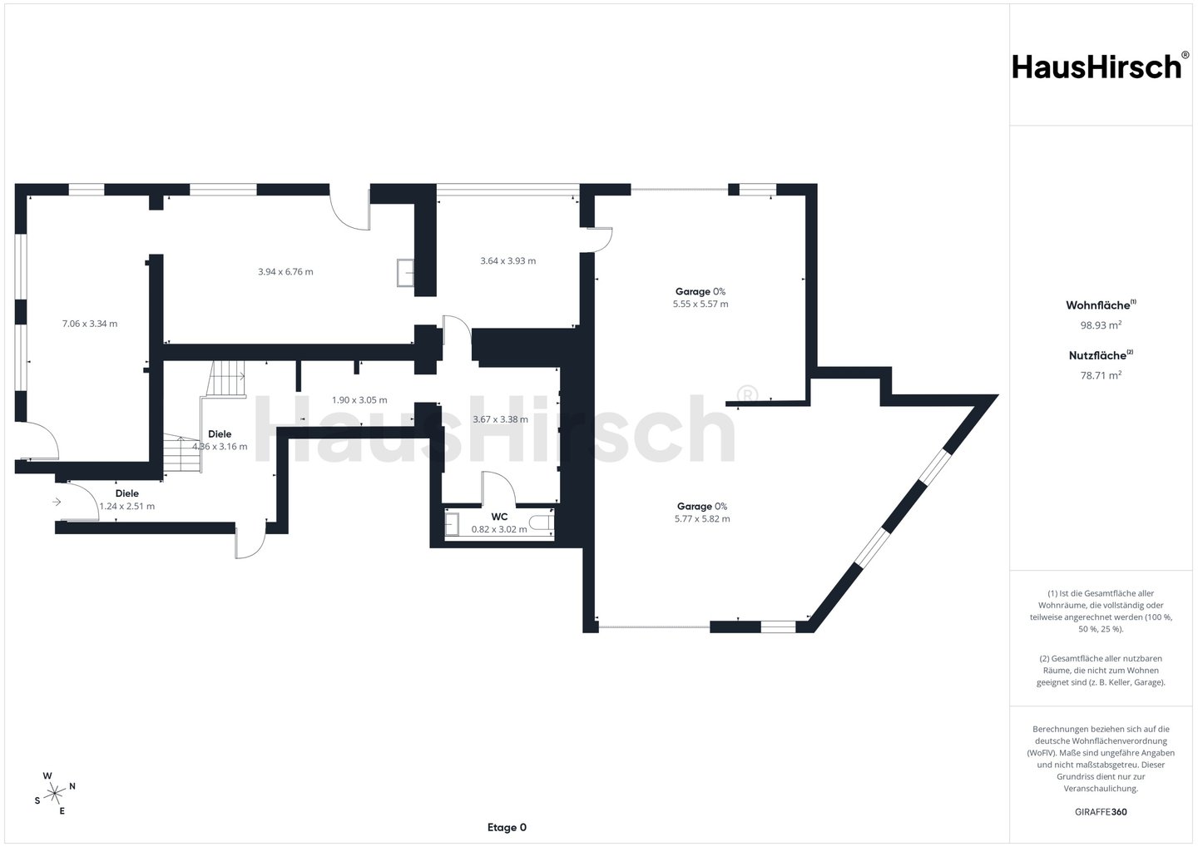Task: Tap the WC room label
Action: tap(499, 517)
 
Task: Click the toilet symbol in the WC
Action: tap(542, 523)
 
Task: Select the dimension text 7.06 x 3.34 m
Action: tap(90, 324)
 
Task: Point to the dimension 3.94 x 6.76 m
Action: tap(285, 271)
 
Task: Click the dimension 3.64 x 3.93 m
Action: tap(508, 261)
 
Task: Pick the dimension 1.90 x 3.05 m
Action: tap(359, 400)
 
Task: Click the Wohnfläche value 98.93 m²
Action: tap(1101, 324)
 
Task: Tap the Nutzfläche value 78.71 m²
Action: tap(1101, 375)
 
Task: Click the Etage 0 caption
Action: tap(507, 827)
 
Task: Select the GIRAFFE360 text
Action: tap(1101, 812)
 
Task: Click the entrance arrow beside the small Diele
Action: tap(57, 502)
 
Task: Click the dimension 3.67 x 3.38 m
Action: tap(500, 419)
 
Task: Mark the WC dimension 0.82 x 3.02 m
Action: tap(499, 529)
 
